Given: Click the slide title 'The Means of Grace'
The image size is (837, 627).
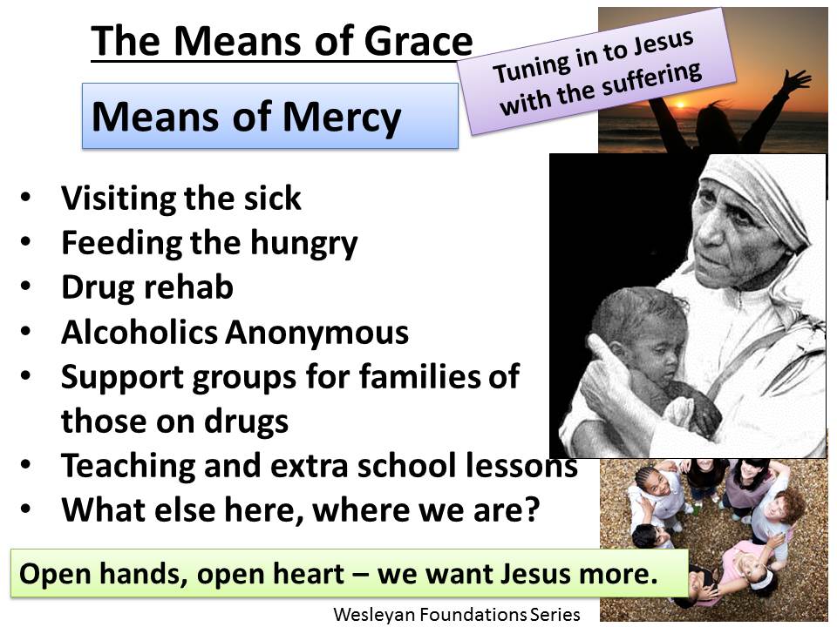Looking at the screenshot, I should (282, 41).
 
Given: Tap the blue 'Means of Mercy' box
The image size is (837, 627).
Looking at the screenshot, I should (269, 116).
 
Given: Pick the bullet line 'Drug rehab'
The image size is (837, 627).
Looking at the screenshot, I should (146, 287).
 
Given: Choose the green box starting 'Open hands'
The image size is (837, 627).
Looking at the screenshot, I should (349, 574).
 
